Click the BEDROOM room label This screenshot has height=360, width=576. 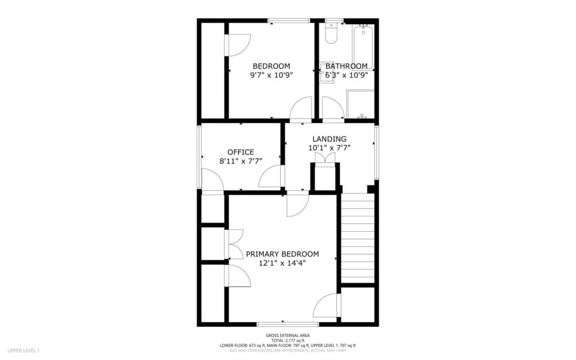(x=271, y=65)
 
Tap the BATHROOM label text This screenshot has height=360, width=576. (x=346, y=65)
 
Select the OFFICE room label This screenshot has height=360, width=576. (x=241, y=152)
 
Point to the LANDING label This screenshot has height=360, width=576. (x=330, y=139)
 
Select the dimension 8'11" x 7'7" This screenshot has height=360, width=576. (x=241, y=161)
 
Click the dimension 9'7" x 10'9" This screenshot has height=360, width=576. (x=271, y=74)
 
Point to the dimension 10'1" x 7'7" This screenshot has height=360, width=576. (x=330, y=148)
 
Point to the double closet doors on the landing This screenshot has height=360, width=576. (x=325, y=158)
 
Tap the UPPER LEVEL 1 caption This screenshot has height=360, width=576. (x=24, y=350)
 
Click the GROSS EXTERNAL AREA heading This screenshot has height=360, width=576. (x=287, y=335)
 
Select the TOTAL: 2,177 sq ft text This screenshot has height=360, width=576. (x=287, y=340)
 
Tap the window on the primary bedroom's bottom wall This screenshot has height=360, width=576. (x=287, y=324)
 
